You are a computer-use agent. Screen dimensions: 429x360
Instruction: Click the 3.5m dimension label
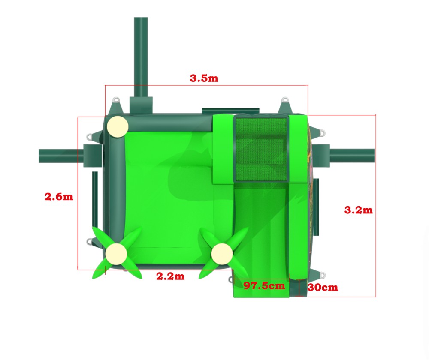tap(204, 78)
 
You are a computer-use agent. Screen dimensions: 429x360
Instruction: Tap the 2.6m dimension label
tap(59, 197)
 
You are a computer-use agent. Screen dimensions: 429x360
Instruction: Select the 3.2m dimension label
tap(358, 210)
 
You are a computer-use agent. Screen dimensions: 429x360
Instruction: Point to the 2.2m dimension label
tap(170, 276)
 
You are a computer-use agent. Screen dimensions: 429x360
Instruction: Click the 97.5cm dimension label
tap(264, 286)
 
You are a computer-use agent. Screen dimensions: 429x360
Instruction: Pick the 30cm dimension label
tap(323, 287)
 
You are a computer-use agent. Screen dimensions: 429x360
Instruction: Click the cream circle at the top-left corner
tap(118, 126)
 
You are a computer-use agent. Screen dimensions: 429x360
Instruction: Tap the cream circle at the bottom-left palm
tap(116, 254)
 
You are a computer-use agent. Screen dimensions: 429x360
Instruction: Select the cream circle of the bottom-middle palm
tap(222, 254)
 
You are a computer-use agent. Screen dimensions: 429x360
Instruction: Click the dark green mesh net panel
tap(261, 149)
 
